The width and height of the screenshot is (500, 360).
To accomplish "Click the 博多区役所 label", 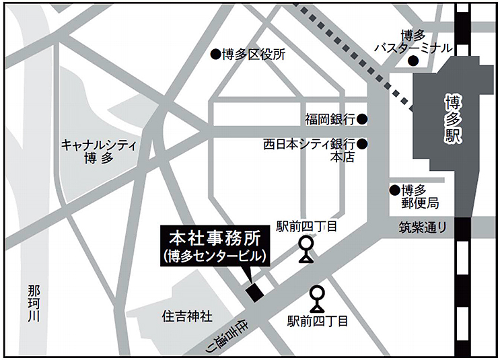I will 254,55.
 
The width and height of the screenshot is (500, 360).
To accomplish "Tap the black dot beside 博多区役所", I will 215,54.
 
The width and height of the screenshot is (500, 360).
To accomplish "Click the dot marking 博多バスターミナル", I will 414,61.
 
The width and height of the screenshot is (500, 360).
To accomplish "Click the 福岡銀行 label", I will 329,120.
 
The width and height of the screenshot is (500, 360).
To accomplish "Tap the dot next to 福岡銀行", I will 362,120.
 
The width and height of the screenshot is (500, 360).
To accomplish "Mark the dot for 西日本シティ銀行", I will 362,144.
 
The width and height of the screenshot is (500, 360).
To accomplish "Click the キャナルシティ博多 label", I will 99,151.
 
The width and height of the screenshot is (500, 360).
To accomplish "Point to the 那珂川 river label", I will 34,303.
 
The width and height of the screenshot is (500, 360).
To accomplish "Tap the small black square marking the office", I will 254,291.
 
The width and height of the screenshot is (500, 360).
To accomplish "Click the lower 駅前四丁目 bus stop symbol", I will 317,298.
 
